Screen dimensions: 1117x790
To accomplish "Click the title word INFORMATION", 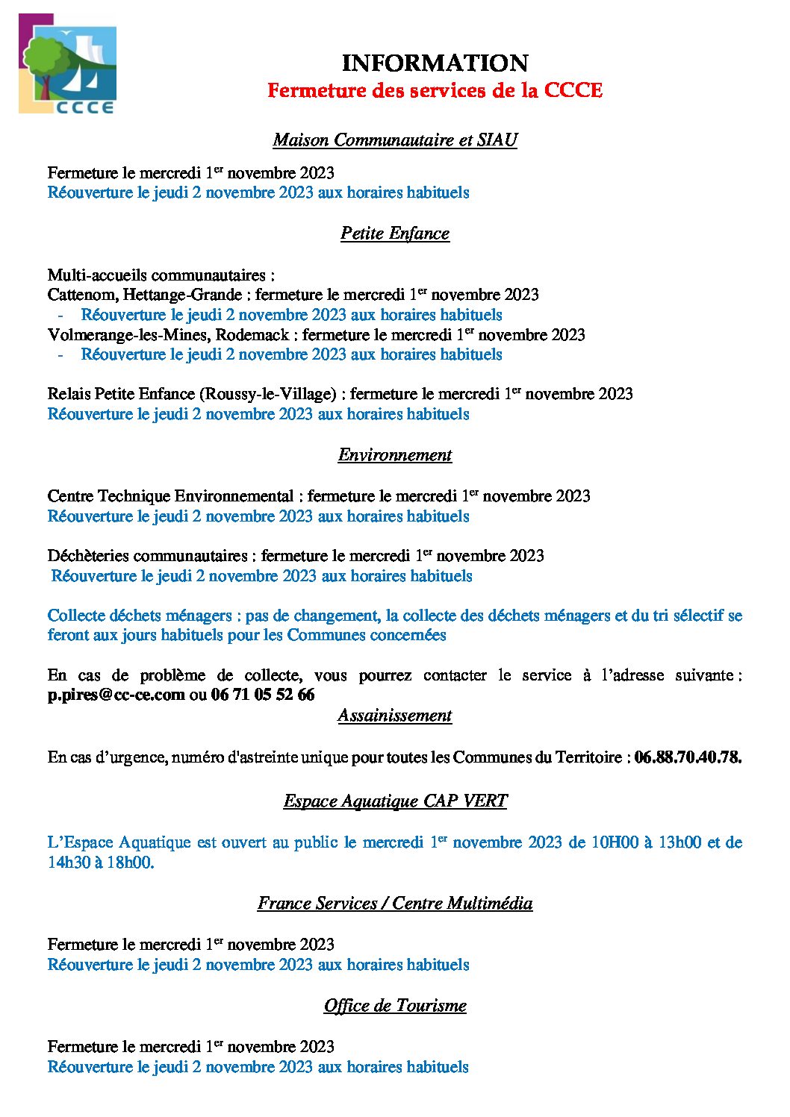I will (435, 63).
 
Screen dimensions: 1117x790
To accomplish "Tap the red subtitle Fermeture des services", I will (435, 90).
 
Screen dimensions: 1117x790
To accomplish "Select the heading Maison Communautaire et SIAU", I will (395, 140).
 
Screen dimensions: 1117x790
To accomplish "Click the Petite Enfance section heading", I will (395, 234).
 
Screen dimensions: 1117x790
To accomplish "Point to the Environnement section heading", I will (395, 455).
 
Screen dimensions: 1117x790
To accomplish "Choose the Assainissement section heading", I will (395, 716).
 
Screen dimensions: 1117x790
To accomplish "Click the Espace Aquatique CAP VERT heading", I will (395, 801).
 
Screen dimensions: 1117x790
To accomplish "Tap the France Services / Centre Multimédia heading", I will (395, 904).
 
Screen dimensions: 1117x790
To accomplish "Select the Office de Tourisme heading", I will (395, 1006).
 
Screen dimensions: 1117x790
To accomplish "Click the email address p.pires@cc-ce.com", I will (116, 695).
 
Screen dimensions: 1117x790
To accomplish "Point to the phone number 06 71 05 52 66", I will (263, 695).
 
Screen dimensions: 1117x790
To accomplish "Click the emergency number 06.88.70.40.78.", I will (687, 757).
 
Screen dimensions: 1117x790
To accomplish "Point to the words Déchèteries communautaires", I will (147, 556).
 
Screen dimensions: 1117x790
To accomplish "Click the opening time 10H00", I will (615, 843).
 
